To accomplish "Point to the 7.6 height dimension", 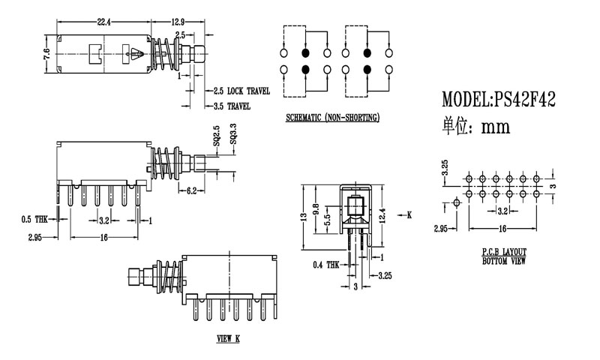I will click(x=46, y=54).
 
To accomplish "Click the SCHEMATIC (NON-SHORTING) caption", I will click(x=332, y=118).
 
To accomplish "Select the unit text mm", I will click(x=496, y=127).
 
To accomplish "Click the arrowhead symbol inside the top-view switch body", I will click(x=136, y=54).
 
